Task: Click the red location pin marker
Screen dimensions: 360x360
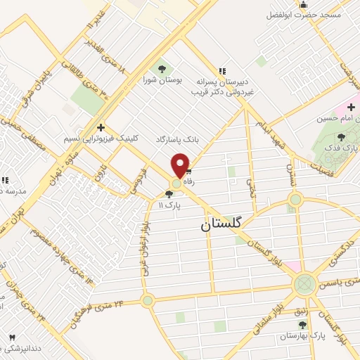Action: coord(180,165)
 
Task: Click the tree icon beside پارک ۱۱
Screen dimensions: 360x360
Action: coord(168,194)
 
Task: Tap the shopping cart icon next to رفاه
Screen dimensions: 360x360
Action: coord(188,171)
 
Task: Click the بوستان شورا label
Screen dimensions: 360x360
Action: coord(162,80)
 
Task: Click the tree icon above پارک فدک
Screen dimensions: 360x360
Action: coord(342,137)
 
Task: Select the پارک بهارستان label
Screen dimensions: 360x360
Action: coord(303,336)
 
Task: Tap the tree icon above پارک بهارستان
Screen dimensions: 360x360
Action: coord(303,325)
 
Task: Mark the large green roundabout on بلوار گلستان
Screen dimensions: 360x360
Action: coord(304,285)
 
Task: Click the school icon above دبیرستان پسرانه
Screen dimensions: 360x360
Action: coord(222,70)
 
